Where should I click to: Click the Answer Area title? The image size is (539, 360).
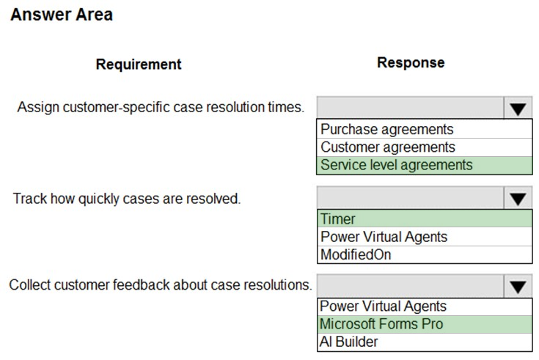coord(62,15)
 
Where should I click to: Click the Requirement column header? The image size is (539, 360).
coord(139,65)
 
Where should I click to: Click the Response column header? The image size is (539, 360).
coord(411,62)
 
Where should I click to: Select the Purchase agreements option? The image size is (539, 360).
coord(387,129)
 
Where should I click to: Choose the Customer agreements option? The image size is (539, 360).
coord(388,147)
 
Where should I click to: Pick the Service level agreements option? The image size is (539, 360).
coord(396,165)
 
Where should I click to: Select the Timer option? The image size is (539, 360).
coord(338,218)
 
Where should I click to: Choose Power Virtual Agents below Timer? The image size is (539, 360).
coord(384,237)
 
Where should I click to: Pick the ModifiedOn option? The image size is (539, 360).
coord(356,254)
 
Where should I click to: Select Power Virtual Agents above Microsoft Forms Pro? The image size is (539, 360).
coord(383,306)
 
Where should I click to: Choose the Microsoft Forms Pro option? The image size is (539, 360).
coord(381,324)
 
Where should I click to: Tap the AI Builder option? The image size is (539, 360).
coord(348,342)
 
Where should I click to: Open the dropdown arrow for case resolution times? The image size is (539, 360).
coord(518,109)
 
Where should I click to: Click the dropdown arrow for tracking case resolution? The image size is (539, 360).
coord(518,199)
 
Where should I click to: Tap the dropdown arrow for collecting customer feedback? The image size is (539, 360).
coord(518,287)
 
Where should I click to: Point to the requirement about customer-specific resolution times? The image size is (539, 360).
coord(161,107)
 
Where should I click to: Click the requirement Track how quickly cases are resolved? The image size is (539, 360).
coord(127,199)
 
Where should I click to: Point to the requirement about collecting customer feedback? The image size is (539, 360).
coord(161,285)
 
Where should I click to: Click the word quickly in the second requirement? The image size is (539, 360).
coord(98,199)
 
